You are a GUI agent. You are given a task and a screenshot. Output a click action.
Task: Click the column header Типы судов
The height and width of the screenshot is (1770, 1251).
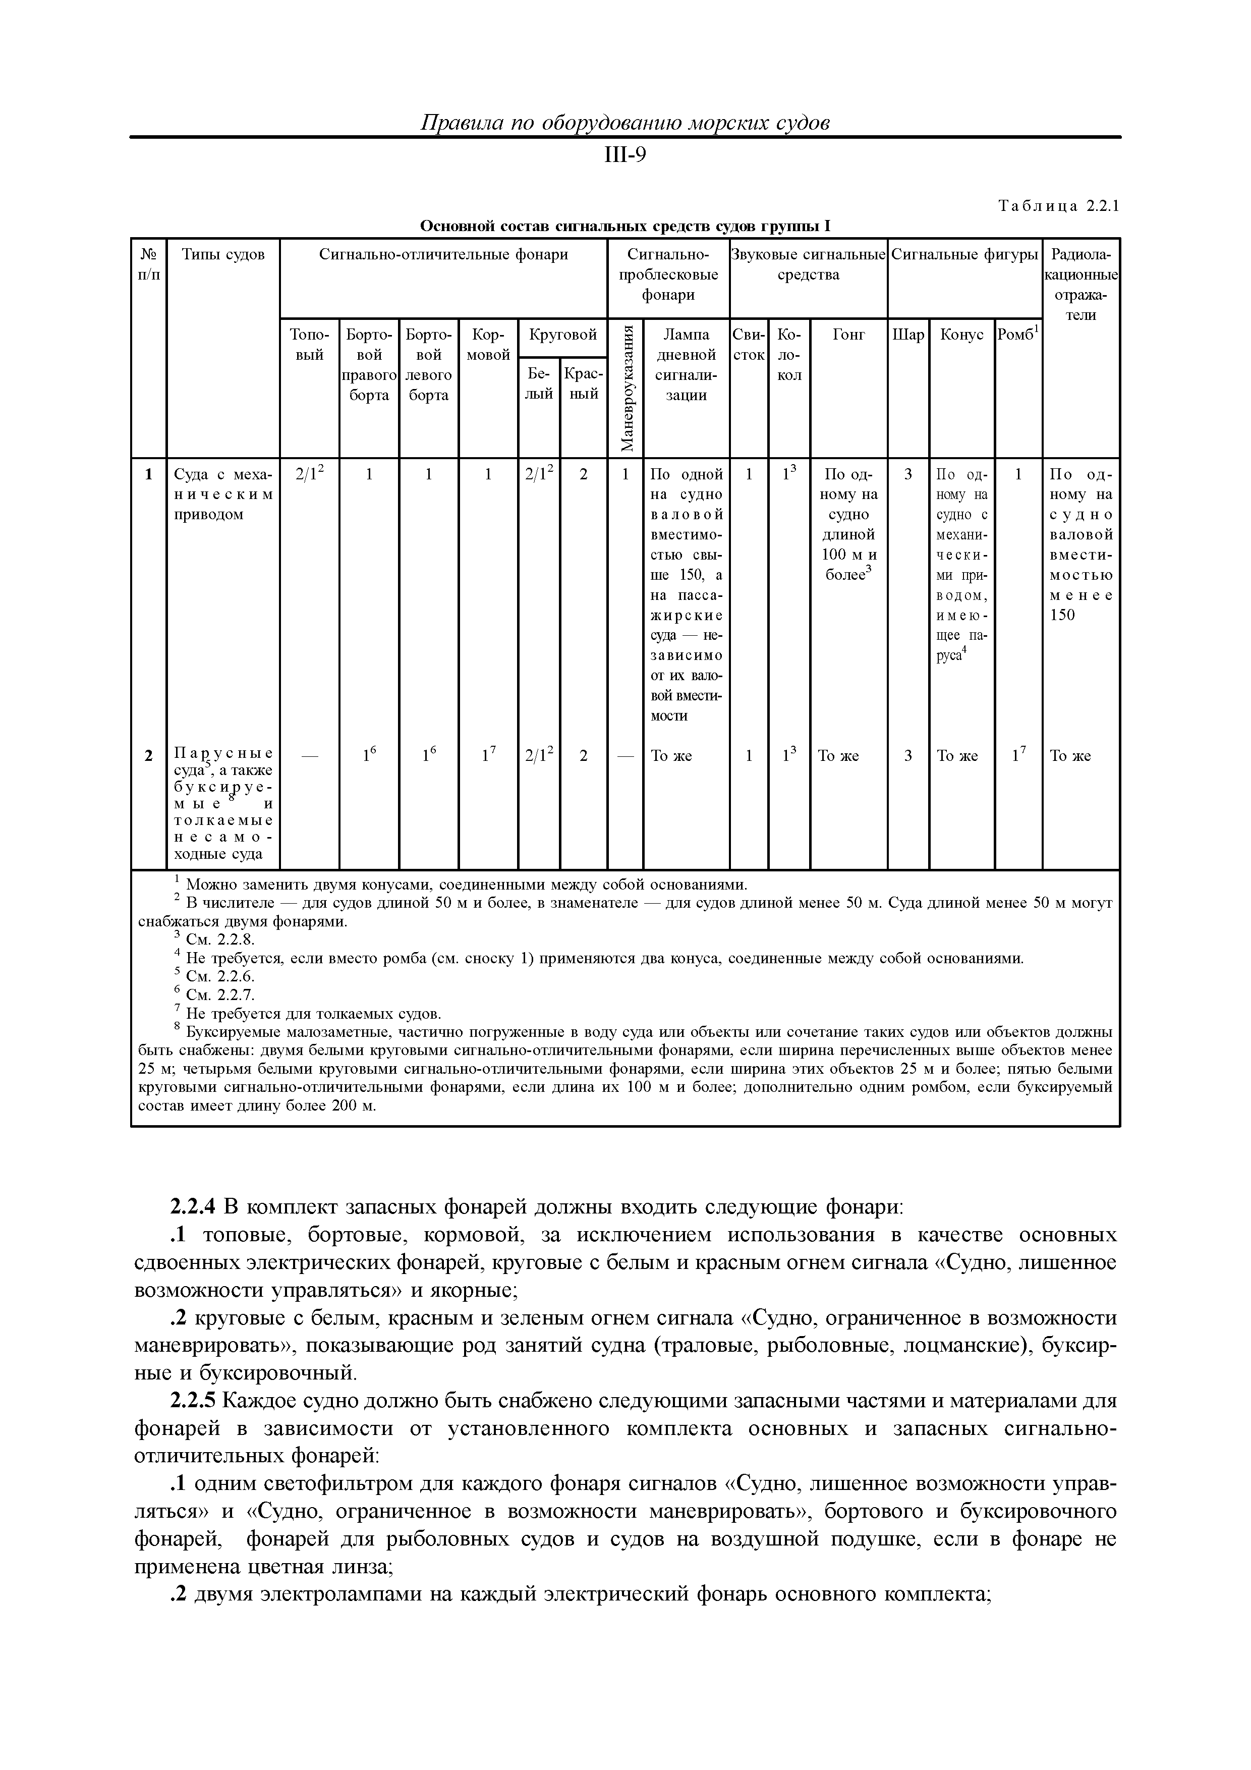[x=223, y=254]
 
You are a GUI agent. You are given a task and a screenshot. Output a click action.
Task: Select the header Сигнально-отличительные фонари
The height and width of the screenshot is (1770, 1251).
[x=443, y=254]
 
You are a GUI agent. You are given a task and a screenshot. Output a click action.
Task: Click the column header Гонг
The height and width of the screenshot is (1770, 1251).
[x=848, y=335]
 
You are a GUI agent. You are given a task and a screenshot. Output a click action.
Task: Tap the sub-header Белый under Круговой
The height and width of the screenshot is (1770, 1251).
[x=539, y=383]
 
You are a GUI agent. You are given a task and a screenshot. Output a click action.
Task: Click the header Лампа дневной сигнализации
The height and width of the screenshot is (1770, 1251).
[x=686, y=365]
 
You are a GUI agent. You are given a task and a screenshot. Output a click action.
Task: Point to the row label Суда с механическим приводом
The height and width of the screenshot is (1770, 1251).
[x=223, y=494]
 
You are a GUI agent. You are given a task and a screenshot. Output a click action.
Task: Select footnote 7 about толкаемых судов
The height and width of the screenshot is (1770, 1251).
[x=312, y=1013]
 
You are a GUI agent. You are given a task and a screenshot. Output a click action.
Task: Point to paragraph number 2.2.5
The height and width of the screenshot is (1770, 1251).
[x=194, y=1399]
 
